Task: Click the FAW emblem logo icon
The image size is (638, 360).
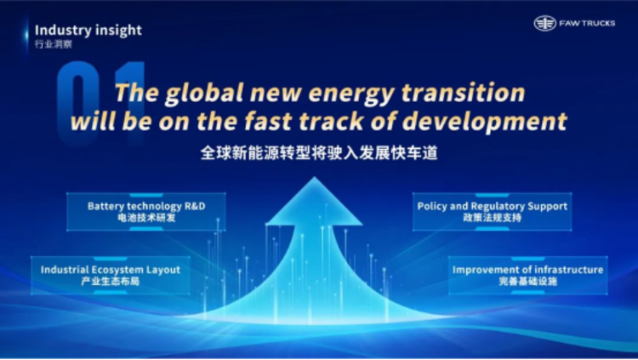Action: [x=544, y=23]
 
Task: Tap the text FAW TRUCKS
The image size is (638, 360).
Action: [x=587, y=23]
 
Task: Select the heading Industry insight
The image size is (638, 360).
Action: [x=88, y=31]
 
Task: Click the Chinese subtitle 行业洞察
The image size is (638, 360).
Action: [x=54, y=44]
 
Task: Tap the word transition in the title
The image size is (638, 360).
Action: [x=464, y=93]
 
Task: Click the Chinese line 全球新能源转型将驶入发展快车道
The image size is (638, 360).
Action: [x=319, y=153]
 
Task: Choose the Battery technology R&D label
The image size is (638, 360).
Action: [x=146, y=206]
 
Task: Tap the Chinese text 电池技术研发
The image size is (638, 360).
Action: [x=146, y=218]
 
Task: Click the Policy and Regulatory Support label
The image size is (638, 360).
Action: [x=493, y=207]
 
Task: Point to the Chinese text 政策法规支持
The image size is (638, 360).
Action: [x=493, y=218]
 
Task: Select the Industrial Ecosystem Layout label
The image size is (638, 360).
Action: [x=111, y=270]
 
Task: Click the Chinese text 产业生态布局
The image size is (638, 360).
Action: [x=111, y=281]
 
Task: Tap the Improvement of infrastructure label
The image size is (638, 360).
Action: [x=527, y=270]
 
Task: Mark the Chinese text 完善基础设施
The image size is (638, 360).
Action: [x=527, y=281]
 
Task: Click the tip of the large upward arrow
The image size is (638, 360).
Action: [x=314, y=177]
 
